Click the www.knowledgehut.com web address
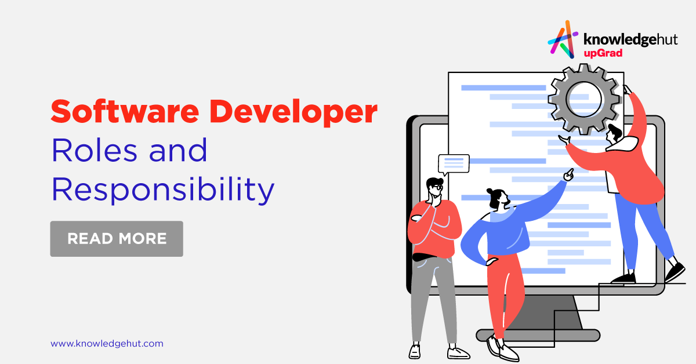click(107, 344)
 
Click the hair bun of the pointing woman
click(490, 191)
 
